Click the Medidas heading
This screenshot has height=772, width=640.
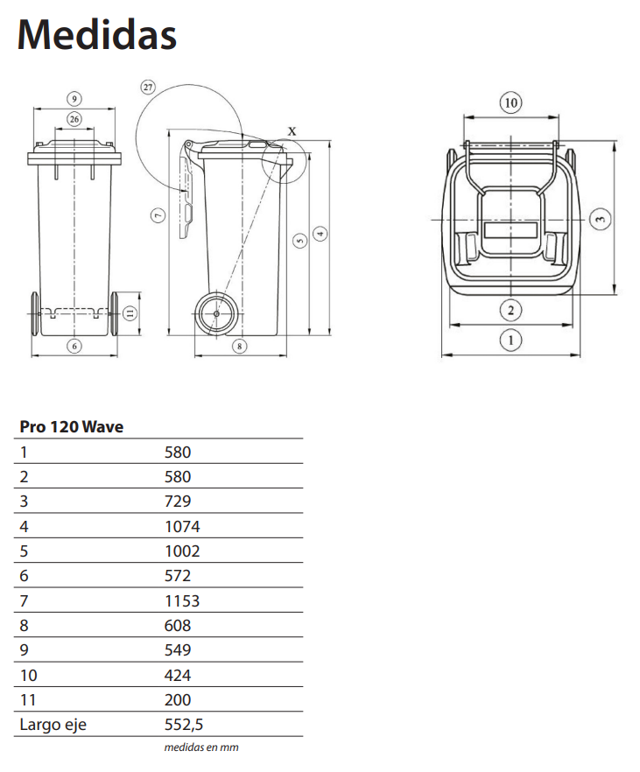pos(97,35)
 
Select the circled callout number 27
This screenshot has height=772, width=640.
pos(147,88)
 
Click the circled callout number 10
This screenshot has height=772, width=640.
pos(511,103)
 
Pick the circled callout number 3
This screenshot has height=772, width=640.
pos(598,219)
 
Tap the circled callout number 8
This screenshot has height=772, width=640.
pos(241,346)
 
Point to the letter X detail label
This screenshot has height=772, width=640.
pos(292,131)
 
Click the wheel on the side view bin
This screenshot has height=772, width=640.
pos(215,312)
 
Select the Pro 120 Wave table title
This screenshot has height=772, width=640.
pos(71,427)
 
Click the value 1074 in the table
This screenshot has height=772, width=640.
pos(182,527)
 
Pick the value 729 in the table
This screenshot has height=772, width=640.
pos(178,502)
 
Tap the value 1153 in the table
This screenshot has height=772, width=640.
pos(182,600)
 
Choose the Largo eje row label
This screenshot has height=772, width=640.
pos(53,725)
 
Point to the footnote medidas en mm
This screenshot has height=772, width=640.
pos(201,747)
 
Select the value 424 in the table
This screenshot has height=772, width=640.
pos(178,675)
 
